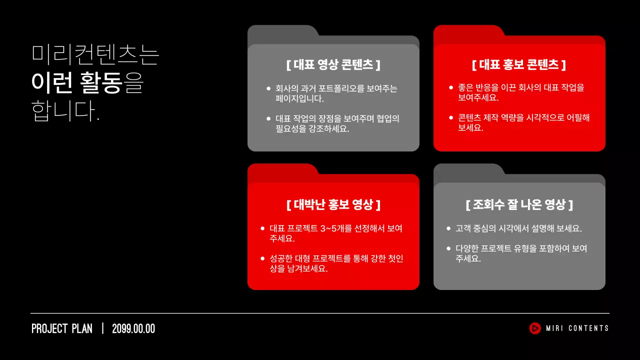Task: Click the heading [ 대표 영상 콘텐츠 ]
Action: [333, 65]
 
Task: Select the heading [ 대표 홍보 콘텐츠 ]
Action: [519, 65]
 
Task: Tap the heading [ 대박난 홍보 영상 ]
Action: [333, 204]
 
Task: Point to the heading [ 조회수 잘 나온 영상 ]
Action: [519, 204]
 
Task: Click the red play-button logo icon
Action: [535, 328]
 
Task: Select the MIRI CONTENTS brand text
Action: [577, 328]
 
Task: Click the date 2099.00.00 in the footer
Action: [133, 329]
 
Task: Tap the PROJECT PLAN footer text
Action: [62, 329]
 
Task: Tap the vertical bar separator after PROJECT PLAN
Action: [102, 328]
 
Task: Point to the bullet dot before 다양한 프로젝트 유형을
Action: [448, 248]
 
